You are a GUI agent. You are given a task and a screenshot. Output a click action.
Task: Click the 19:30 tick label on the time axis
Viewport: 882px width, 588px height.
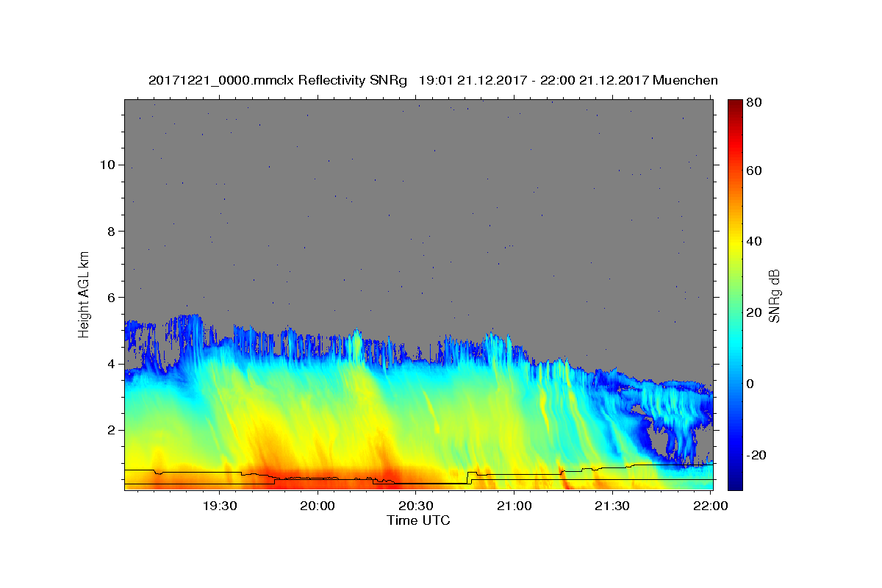[220, 506]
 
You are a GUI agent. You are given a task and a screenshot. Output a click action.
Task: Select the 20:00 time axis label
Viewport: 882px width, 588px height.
[318, 506]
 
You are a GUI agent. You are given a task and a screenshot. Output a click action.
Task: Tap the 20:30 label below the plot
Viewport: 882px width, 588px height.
[416, 506]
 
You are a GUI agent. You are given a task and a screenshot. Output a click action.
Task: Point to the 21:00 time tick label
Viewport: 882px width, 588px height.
[514, 506]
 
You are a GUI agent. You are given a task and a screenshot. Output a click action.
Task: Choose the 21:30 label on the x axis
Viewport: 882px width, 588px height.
[612, 506]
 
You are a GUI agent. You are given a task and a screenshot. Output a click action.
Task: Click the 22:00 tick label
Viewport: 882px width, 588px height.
[710, 506]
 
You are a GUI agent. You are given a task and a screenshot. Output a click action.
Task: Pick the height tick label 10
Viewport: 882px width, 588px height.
[107, 165]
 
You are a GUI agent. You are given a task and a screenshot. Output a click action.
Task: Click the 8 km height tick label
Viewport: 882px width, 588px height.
[112, 232]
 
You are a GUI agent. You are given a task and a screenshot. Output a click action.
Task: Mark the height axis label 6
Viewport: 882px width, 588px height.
[112, 298]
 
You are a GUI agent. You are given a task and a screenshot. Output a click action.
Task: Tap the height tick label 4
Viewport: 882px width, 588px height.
[112, 364]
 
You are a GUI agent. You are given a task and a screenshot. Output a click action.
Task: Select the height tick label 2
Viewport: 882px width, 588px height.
[112, 430]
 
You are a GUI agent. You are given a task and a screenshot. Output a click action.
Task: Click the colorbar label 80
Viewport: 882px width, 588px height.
[754, 102]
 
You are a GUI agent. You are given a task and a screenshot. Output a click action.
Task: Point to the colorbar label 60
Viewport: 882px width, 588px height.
[754, 171]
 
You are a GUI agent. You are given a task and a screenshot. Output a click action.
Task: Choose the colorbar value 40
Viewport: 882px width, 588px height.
[754, 241]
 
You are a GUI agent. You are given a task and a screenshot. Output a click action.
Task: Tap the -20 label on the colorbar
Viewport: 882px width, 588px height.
[756, 455]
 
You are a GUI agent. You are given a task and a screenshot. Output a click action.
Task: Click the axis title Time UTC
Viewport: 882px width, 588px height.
[418, 520]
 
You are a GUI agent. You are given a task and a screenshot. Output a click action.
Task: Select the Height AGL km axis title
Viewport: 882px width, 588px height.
[84, 295]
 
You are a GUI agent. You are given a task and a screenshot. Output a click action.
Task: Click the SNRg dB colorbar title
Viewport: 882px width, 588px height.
[774, 296]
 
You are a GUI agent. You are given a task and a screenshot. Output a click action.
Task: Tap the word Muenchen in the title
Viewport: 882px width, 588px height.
[685, 80]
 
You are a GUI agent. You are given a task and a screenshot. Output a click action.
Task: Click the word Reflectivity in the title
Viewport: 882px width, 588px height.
[332, 80]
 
